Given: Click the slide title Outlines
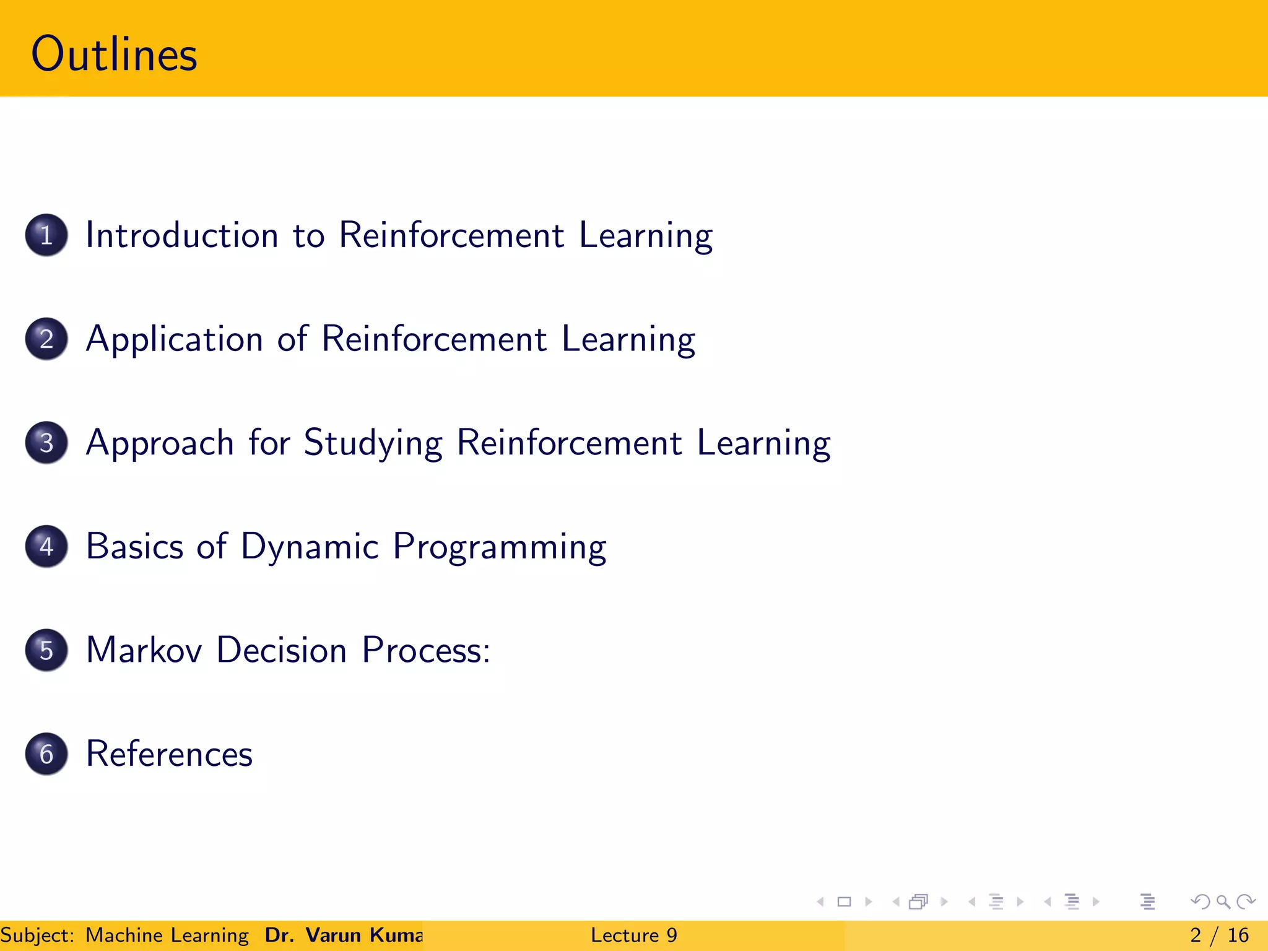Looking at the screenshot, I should click(x=114, y=54).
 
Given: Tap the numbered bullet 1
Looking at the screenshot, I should click(x=46, y=235).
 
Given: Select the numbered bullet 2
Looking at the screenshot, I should click(x=46, y=339).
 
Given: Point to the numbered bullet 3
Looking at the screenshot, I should click(x=46, y=443).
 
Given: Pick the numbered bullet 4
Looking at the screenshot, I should click(x=46, y=547).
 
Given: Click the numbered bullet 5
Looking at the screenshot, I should click(x=46, y=650).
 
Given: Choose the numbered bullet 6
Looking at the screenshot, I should click(x=46, y=754).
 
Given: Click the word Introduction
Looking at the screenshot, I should click(x=182, y=235).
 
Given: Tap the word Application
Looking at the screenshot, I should click(x=175, y=340).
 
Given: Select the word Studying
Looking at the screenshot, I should click(x=373, y=443).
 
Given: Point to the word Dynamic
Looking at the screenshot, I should click(x=310, y=547).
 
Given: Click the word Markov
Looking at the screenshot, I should click(x=144, y=650).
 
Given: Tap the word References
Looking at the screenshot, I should click(x=169, y=754).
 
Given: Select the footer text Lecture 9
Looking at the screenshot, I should click(x=633, y=935).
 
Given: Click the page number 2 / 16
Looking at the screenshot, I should click(x=1219, y=935).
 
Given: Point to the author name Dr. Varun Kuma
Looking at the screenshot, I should click(x=344, y=935).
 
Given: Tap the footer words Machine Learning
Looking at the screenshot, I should click(x=167, y=935).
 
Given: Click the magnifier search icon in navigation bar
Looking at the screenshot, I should click(x=1223, y=902).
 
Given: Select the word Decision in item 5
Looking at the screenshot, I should click(x=282, y=650).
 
